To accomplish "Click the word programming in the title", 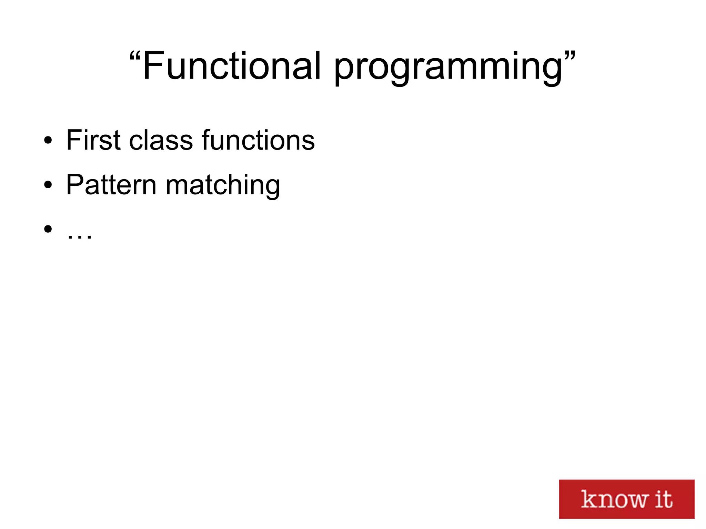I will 448,67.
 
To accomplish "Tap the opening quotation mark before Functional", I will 135,57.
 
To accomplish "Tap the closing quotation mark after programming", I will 570,57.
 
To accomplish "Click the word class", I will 161,140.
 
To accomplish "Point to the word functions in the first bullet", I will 258,140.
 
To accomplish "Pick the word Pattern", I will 111,185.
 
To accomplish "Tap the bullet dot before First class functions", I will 48,140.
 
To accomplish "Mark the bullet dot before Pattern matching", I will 48,185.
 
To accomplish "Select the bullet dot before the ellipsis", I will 48,228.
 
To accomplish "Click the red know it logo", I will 626,499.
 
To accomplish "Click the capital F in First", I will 74,140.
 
